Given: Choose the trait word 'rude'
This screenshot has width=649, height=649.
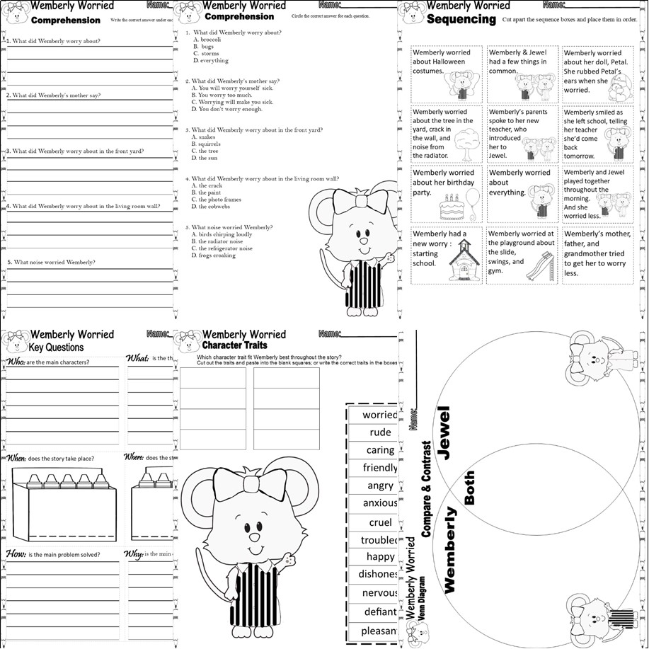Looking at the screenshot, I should [x=380, y=432].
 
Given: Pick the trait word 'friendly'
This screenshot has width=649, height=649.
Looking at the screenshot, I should [x=380, y=468].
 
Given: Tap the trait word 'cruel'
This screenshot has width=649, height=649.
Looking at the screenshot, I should [x=380, y=522].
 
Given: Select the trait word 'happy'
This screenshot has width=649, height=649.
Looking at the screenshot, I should [x=380, y=557].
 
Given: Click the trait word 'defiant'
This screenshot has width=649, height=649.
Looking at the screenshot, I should [x=380, y=611].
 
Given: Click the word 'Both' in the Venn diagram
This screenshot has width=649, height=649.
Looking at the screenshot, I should [x=469, y=488].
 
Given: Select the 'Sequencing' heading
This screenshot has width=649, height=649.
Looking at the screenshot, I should [x=461, y=20].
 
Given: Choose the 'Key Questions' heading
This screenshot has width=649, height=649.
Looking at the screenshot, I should [x=56, y=347].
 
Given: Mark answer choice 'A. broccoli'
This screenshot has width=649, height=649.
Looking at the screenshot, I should [x=207, y=40].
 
